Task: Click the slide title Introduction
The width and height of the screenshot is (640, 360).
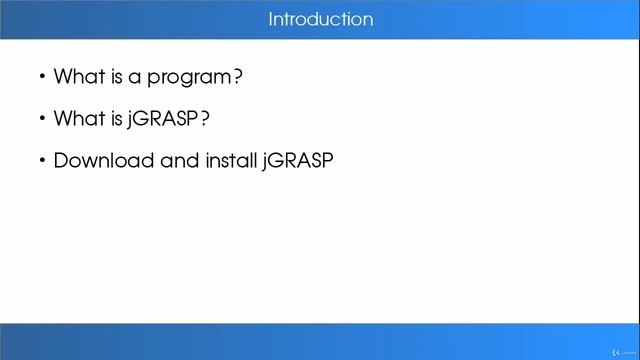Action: click(320, 20)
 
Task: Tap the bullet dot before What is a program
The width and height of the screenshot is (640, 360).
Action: click(42, 76)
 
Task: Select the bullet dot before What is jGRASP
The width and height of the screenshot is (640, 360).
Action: click(42, 119)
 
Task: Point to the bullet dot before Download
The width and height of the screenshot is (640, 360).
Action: click(42, 161)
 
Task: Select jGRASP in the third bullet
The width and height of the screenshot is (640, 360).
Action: click(297, 161)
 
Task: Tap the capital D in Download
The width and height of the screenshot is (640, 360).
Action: click(60, 161)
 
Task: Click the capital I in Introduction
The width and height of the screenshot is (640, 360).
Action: click(270, 20)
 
